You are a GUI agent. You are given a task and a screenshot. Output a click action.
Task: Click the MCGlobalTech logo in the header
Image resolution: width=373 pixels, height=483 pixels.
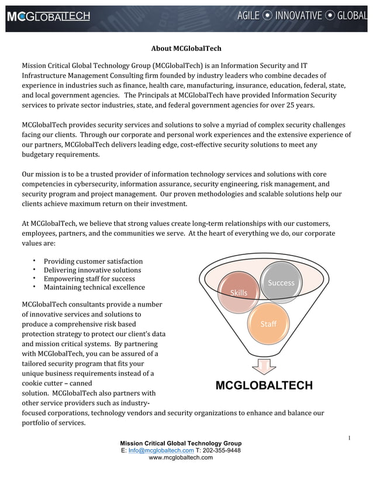(49, 16)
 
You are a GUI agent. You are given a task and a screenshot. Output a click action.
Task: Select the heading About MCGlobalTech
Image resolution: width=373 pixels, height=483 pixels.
(186, 48)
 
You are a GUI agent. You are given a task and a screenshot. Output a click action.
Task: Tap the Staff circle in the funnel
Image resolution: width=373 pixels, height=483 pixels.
(268, 323)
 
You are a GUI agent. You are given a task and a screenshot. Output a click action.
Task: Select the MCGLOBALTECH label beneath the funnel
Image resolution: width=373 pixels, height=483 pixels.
(264, 385)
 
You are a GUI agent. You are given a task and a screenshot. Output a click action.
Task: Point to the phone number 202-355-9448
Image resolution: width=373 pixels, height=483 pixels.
(222, 450)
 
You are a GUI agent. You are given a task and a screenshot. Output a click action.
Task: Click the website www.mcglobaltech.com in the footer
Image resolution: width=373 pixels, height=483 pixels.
(181, 457)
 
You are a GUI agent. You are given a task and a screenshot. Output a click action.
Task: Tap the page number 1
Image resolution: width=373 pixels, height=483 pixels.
(348, 438)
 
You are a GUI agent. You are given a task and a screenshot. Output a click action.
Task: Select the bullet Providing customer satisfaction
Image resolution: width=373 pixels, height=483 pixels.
(93, 261)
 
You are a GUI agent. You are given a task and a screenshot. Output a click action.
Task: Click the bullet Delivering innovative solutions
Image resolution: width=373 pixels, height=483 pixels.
(92, 270)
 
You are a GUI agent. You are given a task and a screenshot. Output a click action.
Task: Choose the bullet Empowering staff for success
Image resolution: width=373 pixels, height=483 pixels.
(89, 279)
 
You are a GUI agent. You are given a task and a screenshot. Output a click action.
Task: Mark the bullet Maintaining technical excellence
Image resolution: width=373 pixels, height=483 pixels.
(94, 287)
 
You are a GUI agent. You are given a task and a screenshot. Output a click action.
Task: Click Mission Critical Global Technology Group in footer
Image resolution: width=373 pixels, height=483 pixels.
(181, 443)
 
